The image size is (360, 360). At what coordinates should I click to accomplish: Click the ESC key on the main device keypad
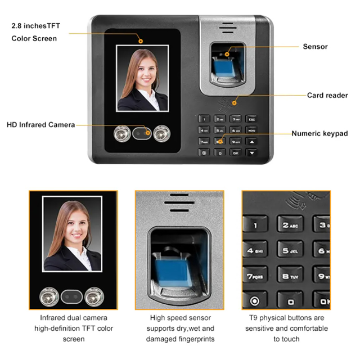(x=251, y=119)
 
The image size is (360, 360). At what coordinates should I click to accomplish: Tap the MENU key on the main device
(x=251, y=130)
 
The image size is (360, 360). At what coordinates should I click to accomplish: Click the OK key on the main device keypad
(x=236, y=152)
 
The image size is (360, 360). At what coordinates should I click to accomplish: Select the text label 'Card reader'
(x=327, y=95)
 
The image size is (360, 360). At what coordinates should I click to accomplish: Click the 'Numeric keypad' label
(x=319, y=133)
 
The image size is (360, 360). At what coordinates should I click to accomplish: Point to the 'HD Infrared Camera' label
(x=41, y=125)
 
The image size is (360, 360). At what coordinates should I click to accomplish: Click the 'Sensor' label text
(x=315, y=47)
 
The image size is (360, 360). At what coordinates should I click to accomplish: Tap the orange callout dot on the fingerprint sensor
(x=227, y=54)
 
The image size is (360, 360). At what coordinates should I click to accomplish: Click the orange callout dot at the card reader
(x=234, y=103)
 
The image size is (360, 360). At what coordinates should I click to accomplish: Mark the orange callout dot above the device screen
(x=141, y=41)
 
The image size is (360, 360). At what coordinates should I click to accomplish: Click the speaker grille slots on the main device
(x=227, y=28)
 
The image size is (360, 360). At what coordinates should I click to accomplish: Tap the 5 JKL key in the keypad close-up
(x=290, y=250)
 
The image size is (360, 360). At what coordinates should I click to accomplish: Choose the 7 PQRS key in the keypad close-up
(x=255, y=276)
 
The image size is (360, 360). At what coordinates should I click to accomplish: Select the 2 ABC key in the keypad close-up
(x=290, y=225)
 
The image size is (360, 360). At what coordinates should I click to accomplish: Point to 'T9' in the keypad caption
(x=253, y=318)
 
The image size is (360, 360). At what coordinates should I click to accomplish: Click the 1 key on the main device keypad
(x=204, y=119)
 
